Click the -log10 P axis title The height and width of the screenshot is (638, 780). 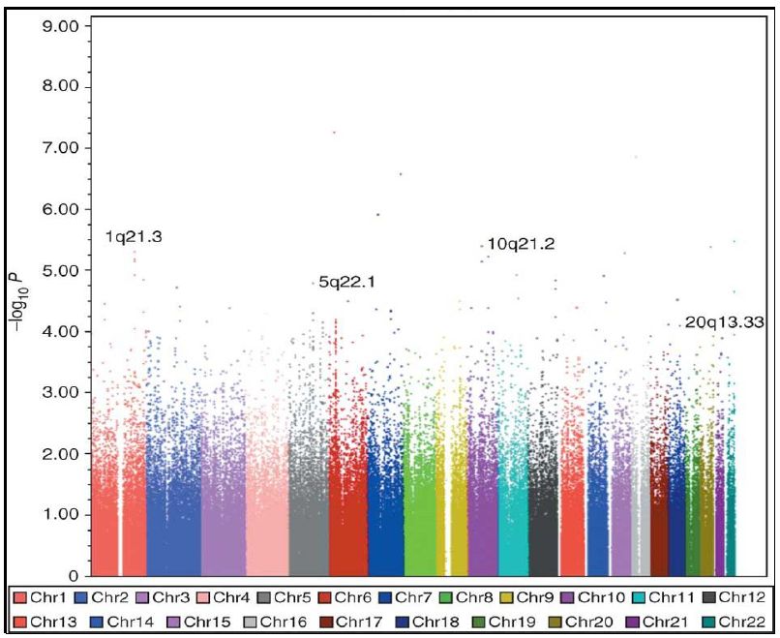click(x=18, y=299)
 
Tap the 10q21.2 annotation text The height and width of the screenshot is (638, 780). click(x=521, y=245)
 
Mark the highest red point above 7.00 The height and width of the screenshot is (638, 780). click(x=334, y=132)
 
